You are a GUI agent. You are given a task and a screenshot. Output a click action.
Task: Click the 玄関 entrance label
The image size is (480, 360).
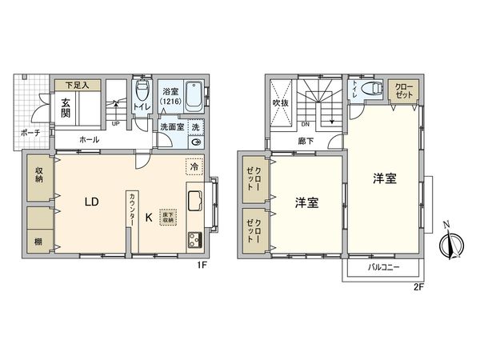[x=64, y=107]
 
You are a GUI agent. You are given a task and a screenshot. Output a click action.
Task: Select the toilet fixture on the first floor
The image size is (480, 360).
[x=142, y=88]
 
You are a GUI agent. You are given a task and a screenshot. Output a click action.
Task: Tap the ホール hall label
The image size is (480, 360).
[x=90, y=140]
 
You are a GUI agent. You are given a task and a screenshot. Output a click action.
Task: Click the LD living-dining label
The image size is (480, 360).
[x=92, y=202]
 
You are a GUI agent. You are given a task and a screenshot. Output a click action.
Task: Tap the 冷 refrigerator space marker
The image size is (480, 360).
[x=193, y=167]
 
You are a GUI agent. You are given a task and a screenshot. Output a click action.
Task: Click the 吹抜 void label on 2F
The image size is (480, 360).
[x=281, y=102]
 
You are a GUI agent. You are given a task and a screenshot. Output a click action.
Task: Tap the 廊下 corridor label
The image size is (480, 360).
[x=306, y=140]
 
